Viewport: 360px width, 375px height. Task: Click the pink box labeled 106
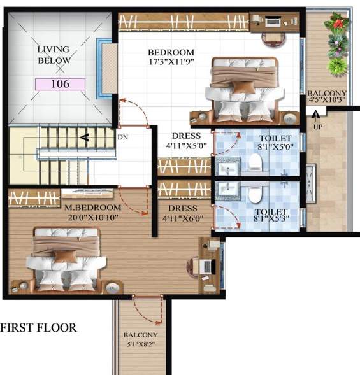pyautogui.click(x=60, y=83)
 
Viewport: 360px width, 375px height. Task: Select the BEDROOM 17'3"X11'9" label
pyautogui.click(x=171, y=57)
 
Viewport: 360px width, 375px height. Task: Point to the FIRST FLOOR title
pyautogui.click(x=39, y=328)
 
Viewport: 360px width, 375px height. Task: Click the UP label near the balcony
pyautogui.click(x=317, y=127)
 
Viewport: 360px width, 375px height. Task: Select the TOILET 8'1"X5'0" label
pyautogui.click(x=275, y=143)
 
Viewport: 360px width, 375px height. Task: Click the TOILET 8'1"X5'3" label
pyautogui.click(x=271, y=216)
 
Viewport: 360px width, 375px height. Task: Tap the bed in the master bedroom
pyautogui.click(x=66, y=258)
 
